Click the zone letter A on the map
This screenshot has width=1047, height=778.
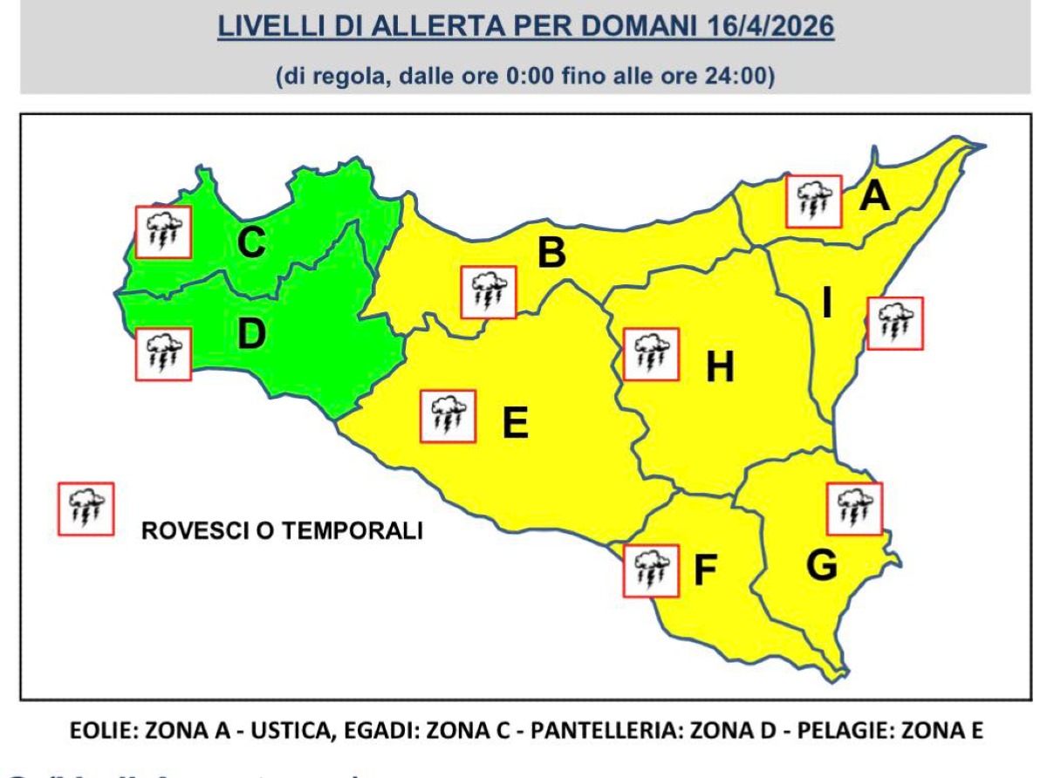(x=874, y=196)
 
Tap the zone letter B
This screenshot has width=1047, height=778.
(x=551, y=253)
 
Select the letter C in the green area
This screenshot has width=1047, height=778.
(x=251, y=242)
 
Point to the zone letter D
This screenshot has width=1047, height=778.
(x=251, y=336)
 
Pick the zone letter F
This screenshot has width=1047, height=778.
(x=704, y=570)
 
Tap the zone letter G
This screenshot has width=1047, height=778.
(x=821, y=566)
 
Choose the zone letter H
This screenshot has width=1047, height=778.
(x=720, y=367)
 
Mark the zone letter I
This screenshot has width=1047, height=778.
(x=826, y=304)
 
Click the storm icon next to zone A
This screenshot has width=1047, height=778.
(x=813, y=201)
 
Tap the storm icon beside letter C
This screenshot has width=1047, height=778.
(x=163, y=231)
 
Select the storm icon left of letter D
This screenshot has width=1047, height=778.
(x=163, y=354)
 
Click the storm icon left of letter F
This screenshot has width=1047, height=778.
(x=651, y=570)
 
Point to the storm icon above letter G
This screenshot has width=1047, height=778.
(x=854, y=508)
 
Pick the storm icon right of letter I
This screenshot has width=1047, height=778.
(x=895, y=324)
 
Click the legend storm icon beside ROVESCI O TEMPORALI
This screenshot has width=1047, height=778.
(x=86, y=508)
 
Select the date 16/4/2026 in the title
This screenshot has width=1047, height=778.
(x=767, y=27)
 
